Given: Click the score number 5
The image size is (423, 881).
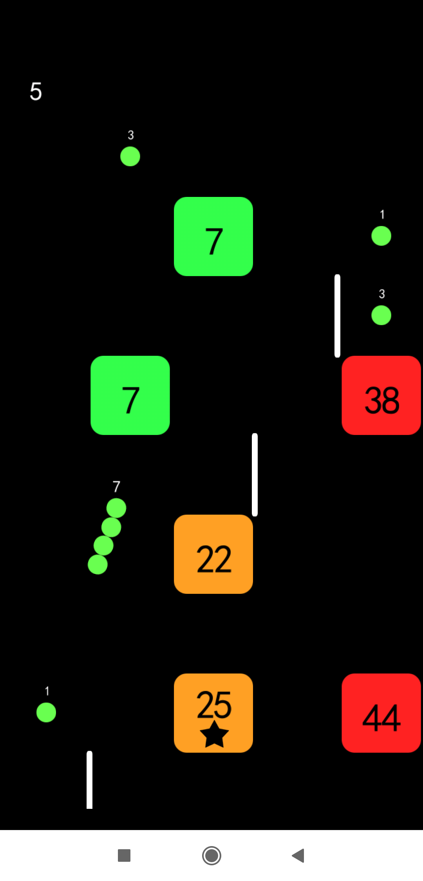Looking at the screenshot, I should (36, 91).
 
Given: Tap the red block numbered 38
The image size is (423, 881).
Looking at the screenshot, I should (381, 395).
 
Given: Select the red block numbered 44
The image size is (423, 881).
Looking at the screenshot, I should (381, 713).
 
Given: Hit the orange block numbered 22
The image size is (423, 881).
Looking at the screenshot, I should (213, 554).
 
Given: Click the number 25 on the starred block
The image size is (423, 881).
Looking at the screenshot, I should (214, 704).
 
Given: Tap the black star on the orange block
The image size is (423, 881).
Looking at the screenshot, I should (214, 734).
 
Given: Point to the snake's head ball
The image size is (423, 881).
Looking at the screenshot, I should (116, 508).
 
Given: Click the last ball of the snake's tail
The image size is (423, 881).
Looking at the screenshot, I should (98, 564).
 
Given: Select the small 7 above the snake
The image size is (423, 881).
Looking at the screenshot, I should (116, 487).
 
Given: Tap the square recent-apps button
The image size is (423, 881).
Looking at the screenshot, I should (124, 856).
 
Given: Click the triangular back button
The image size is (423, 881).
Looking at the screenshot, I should (298, 856).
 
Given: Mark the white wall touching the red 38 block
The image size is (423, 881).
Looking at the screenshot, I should (337, 316).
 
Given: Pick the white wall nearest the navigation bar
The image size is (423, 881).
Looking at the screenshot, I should (89, 780).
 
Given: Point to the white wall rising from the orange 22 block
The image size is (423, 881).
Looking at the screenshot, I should (255, 475).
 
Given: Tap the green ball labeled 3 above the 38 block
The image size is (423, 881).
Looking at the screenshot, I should (381, 315).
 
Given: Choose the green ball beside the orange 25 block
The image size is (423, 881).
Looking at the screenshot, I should (46, 712).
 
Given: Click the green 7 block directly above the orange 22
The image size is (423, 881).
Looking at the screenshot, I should (213, 237).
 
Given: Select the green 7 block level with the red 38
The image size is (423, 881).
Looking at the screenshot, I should (130, 395).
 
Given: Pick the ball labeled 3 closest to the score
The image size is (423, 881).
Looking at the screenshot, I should (130, 157).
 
